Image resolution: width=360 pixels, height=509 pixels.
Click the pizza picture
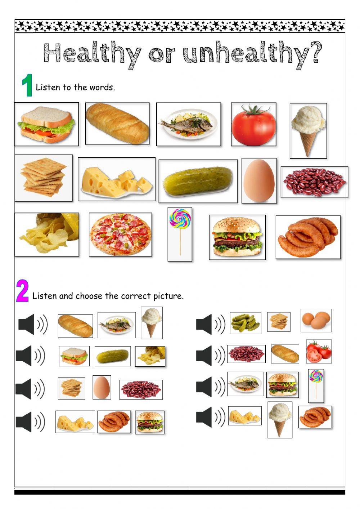coord(120,235)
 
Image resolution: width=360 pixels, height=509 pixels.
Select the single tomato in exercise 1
coord(253,125)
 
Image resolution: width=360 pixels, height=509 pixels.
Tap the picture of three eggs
coord(316,320)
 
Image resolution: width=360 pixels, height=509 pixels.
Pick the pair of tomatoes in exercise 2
coord(319,351)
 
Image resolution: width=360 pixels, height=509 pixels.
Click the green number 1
coord(27,85)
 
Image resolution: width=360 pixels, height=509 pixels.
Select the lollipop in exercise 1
coord(180,234)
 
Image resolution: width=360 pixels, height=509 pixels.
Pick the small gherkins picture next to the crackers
coord(245,323)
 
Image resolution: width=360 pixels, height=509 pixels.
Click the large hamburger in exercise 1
coord(237,237)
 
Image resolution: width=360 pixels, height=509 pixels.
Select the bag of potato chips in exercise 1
coord(46,234)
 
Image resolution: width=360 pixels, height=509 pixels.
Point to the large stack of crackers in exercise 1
coord(43,178)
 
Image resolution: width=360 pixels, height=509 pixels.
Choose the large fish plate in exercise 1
coord(188,124)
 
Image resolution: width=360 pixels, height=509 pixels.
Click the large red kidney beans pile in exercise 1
coord(314,182)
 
